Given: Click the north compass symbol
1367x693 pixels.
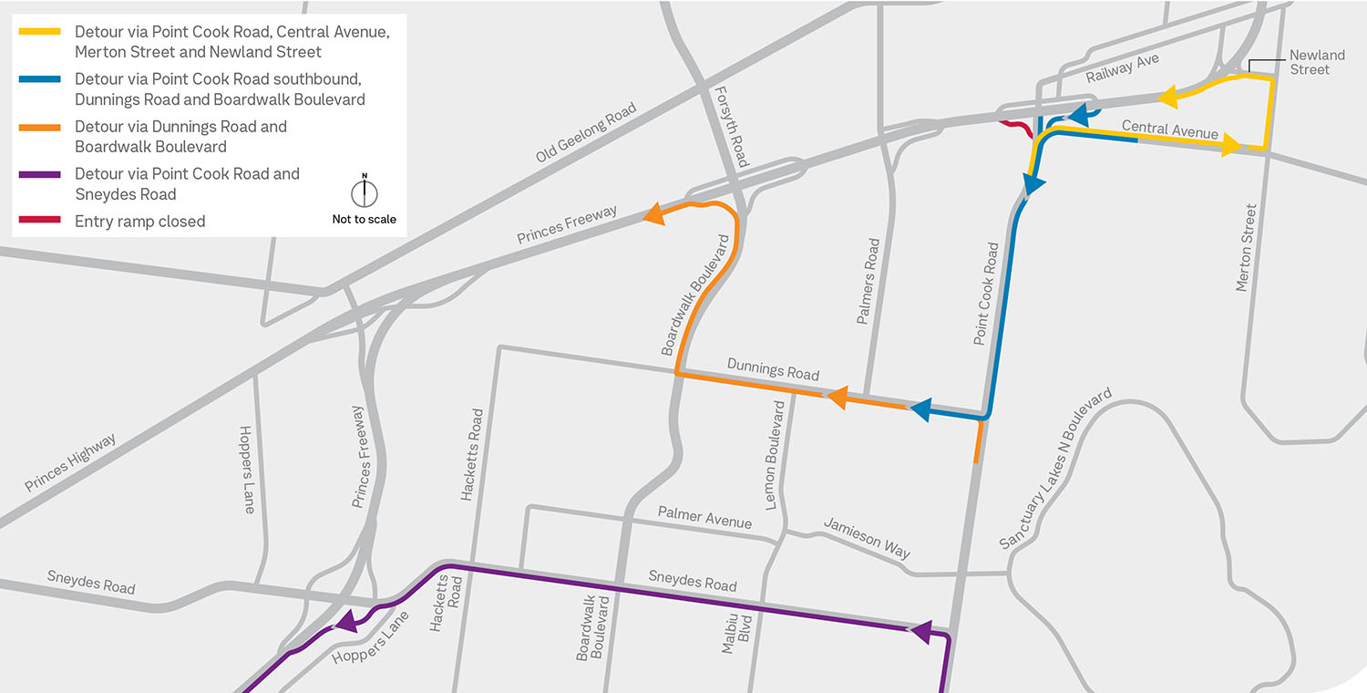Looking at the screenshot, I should pos(365,192).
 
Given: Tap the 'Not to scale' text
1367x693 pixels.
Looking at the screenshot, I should pos(365,219).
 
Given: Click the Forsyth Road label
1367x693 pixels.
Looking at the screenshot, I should pos(732,127).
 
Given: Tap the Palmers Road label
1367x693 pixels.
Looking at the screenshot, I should pos(868,282).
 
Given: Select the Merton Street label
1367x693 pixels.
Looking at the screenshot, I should pos(1246,248).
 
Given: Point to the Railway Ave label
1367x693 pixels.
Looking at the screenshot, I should pos(1122,69).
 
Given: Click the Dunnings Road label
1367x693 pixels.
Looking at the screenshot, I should pos(773,368).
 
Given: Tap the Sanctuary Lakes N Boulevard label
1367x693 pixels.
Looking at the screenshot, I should pos(1055,469).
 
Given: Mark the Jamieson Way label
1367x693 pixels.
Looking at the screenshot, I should pos(867,537).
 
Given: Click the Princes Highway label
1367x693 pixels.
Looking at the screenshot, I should pos(71,463).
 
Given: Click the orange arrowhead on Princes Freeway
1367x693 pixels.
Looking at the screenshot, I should pos(653,214).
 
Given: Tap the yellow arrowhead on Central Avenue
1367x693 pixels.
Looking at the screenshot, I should pos(1231,144).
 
